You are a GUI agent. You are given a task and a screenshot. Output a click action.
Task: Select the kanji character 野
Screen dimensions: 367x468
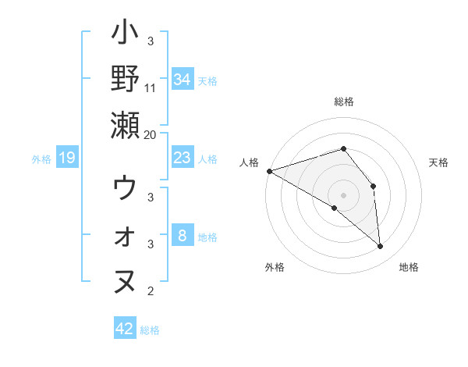click(125, 79)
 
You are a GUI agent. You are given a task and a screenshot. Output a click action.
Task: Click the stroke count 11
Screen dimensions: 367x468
click(151, 88)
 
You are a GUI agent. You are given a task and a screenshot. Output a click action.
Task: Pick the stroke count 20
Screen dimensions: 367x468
click(151, 135)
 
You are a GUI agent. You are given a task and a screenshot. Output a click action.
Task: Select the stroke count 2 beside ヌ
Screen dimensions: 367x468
click(151, 292)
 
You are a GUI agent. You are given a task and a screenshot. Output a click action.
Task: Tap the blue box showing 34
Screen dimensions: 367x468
click(183, 80)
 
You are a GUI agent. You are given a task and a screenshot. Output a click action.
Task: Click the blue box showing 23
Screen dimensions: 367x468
click(183, 158)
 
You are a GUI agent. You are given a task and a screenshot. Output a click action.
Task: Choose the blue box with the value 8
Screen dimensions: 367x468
click(183, 236)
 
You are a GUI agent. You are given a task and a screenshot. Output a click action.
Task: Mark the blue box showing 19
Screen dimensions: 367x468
click(66, 159)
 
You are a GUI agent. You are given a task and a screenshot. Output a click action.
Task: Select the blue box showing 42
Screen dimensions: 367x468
click(125, 329)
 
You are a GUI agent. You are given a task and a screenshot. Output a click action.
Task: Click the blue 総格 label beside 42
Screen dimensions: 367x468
click(150, 330)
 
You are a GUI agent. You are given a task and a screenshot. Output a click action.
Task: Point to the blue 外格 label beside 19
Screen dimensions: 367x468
click(41, 159)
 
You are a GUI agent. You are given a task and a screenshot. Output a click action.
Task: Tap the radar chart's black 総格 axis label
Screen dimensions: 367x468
click(344, 102)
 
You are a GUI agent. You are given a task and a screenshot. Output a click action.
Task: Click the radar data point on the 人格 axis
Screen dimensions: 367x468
click(269, 170)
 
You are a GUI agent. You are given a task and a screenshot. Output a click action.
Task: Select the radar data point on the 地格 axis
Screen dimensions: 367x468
click(380, 246)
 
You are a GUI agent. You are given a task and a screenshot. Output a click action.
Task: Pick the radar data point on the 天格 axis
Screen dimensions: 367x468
click(373, 186)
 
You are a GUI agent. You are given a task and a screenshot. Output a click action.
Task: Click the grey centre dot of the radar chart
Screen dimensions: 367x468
click(344, 195)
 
